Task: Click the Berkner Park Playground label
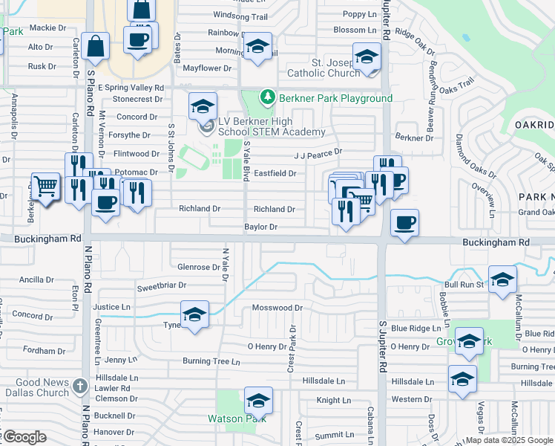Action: pos(335,98)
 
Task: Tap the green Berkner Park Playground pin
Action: pos(267,97)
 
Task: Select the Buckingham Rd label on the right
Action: pos(496,242)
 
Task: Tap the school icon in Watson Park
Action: pos(258,401)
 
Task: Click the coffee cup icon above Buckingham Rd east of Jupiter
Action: pos(404,223)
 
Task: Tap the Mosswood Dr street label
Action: pos(277,307)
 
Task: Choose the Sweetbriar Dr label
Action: pos(161,286)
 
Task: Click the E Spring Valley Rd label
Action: pos(128,88)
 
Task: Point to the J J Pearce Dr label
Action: pos(318,152)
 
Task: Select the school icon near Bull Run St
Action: pos(502,280)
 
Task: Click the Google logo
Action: pos(24,437)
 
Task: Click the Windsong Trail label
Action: pos(240,16)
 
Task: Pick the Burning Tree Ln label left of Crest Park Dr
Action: pos(211,362)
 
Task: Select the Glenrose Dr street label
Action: pos(194,266)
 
